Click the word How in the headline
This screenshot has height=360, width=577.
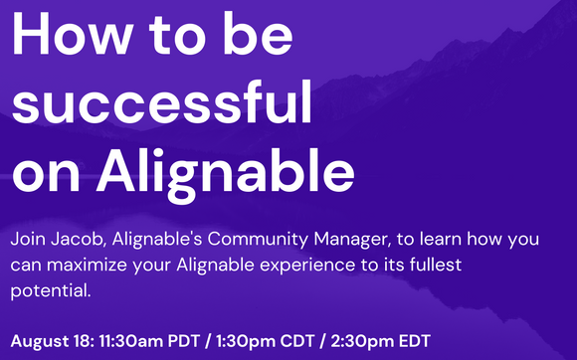coord(76,36)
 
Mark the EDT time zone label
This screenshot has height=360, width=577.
coord(414,339)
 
